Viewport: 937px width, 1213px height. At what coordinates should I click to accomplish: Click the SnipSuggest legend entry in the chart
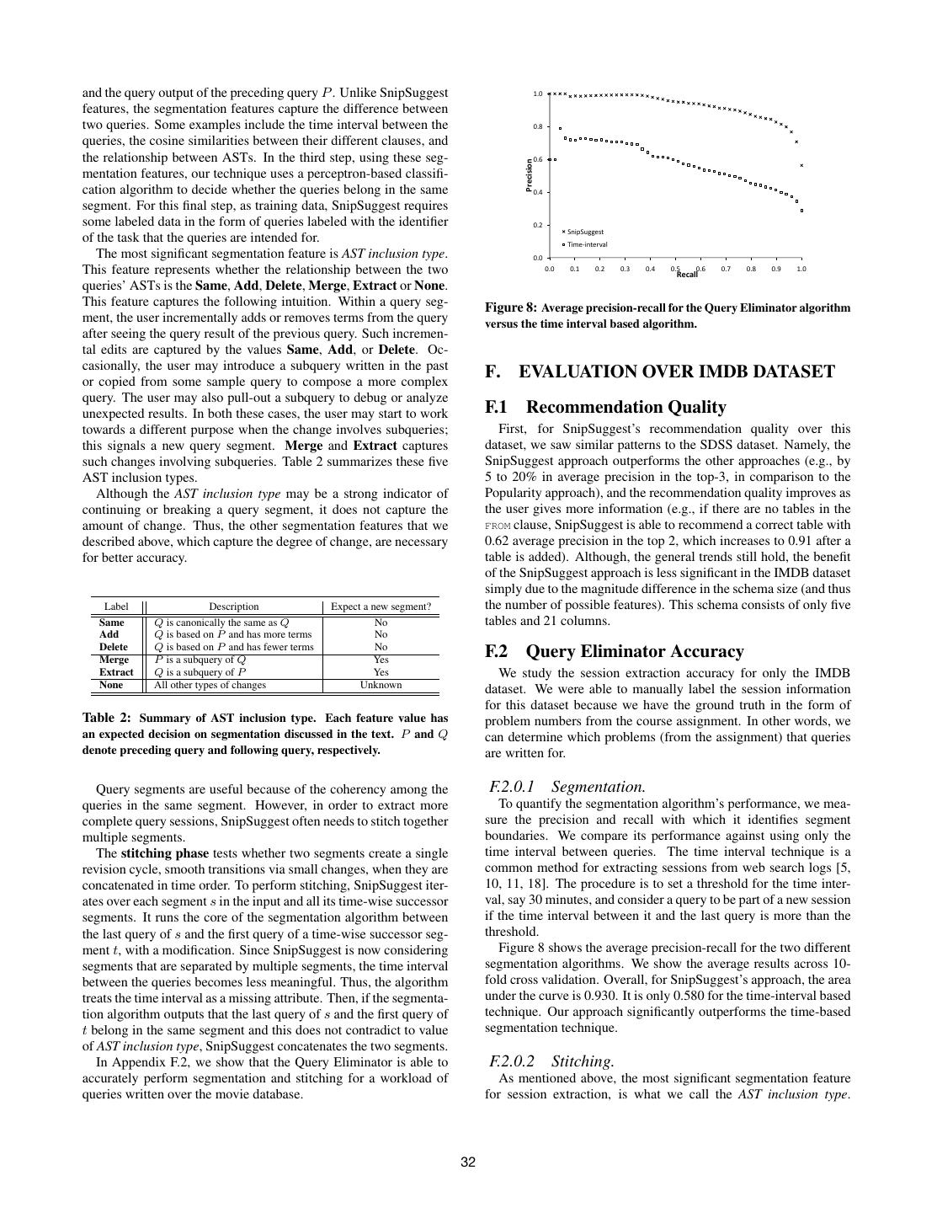coord(585,232)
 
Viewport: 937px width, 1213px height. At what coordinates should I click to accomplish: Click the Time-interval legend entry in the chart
coord(587,245)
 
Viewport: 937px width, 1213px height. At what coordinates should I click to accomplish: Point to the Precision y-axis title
coord(530,176)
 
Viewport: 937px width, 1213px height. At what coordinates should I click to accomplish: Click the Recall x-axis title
coord(687,275)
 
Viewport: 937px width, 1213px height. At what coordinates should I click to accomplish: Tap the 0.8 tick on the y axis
coord(537,126)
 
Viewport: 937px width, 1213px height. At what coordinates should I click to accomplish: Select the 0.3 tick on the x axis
coord(625,270)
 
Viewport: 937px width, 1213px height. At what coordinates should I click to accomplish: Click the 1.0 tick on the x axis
coord(801,270)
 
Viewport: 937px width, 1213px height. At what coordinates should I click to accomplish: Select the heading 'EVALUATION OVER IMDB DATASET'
coord(677,372)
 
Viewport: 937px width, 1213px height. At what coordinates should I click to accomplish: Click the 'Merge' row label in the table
coord(114,660)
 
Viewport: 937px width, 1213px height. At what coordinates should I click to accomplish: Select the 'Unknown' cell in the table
coord(381,685)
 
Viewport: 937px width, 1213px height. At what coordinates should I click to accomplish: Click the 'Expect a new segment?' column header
coord(381,606)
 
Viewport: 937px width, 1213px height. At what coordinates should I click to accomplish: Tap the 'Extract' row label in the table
coord(116,672)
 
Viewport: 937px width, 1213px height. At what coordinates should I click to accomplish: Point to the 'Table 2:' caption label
coord(107,719)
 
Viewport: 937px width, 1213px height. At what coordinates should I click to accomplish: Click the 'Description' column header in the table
coord(234,606)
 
